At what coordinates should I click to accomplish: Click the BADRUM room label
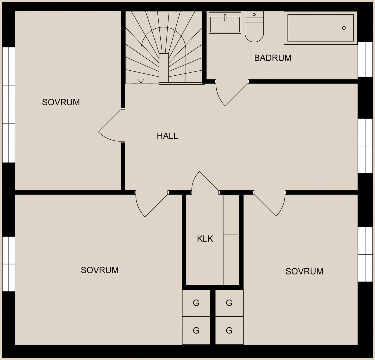click(x=273, y=58)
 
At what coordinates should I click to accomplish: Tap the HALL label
click(x=167, y=136)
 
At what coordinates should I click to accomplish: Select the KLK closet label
click(x=205, y=239)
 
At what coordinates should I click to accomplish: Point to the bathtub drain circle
click(x=344, y=28)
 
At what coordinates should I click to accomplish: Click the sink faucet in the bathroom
click(x=225, y=17)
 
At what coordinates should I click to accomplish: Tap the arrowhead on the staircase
click(x=141, y=81)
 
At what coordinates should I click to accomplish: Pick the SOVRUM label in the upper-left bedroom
click(x=61, y=102)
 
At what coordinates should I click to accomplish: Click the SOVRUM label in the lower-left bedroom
click(x=100, y=270)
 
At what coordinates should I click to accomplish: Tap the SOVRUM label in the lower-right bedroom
click(x=304, y=271)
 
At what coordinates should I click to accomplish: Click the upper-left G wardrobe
click(x=196, y=303)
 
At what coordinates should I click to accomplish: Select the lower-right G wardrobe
click(x=229, y=331)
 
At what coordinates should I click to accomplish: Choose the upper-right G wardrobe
click(x=229, y=303)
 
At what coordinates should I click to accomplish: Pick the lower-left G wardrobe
click(x=196, y=331)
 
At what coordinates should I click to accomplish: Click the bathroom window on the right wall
click(x=365, y=59)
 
